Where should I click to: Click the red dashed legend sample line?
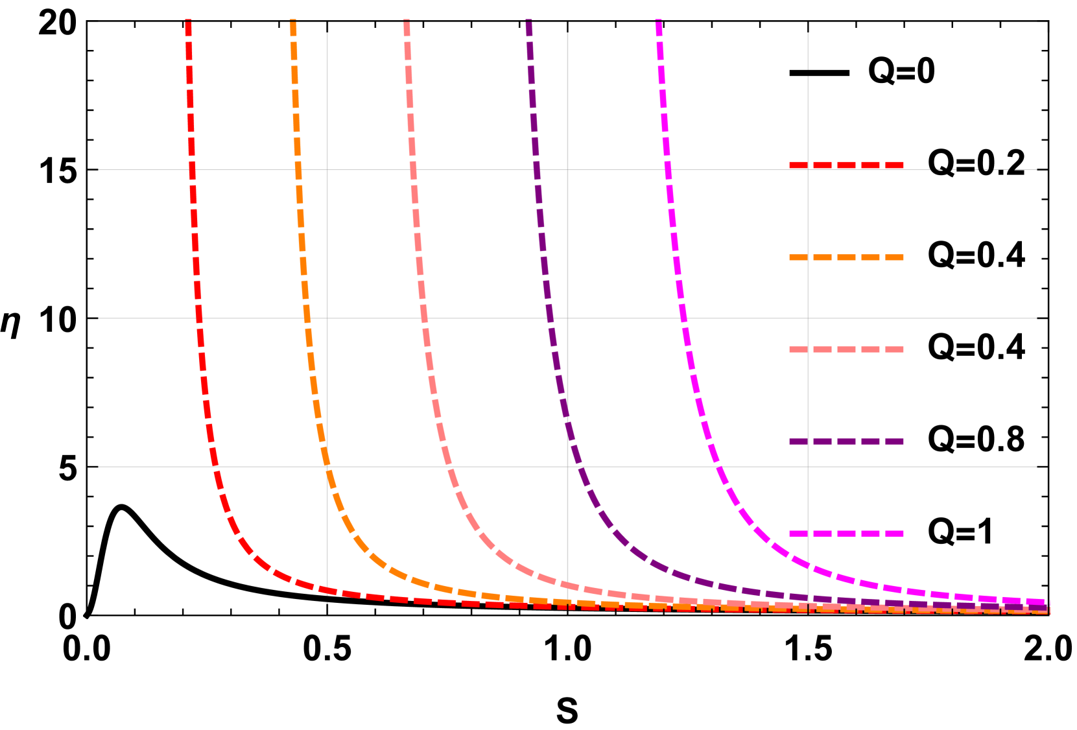pyautogui.click(x=846, y=165)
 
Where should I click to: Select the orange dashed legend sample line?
pyautogui.click(x=846, y=257)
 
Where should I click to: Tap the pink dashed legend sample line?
pyautogui.click(x=846, y=349)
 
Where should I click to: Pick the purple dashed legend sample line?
pyautogui.click(x=846, y=442)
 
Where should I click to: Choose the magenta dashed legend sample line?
pyautogui.click(x=846, y=534)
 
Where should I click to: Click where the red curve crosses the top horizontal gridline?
pyautogui.click(x=192, y=170)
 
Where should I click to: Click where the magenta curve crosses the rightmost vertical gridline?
pyautogui.click(x=808, y=565)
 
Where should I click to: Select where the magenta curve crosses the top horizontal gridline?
pyautogui.click(x=668, y=170)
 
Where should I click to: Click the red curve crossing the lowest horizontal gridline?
pyautogui.click(x=216, y=467)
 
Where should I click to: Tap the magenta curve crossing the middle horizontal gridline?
pyautogui.click(x=684, y=318)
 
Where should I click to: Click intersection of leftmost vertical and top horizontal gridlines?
pyautogui.click(x=327, y=170)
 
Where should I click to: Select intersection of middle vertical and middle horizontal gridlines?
pyautogui.click(x=567, y=318)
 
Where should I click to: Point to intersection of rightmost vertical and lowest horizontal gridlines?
pyautogui.click(x=808, y=467)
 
